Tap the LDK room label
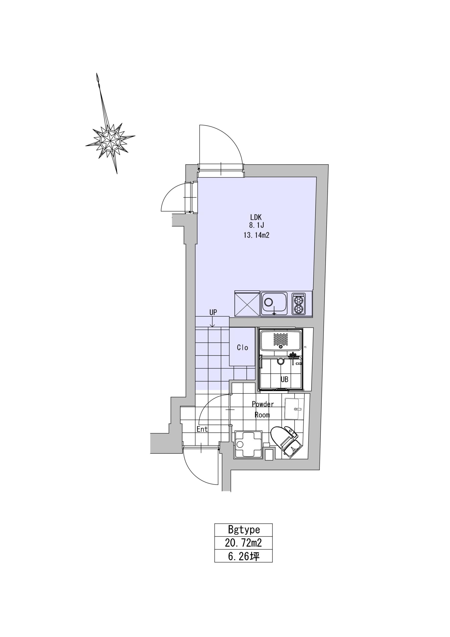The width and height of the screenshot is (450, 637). [256, 217]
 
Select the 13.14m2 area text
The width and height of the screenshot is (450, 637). [257, 235]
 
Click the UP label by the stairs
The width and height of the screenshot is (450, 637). [213, 312]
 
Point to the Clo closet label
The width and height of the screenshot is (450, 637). [242, 348]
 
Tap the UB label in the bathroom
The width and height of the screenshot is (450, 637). [284, 379]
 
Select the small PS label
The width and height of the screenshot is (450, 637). [305, 347]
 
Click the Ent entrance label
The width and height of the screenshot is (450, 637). [202, 429]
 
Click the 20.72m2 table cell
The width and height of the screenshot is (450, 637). [243, 542]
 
